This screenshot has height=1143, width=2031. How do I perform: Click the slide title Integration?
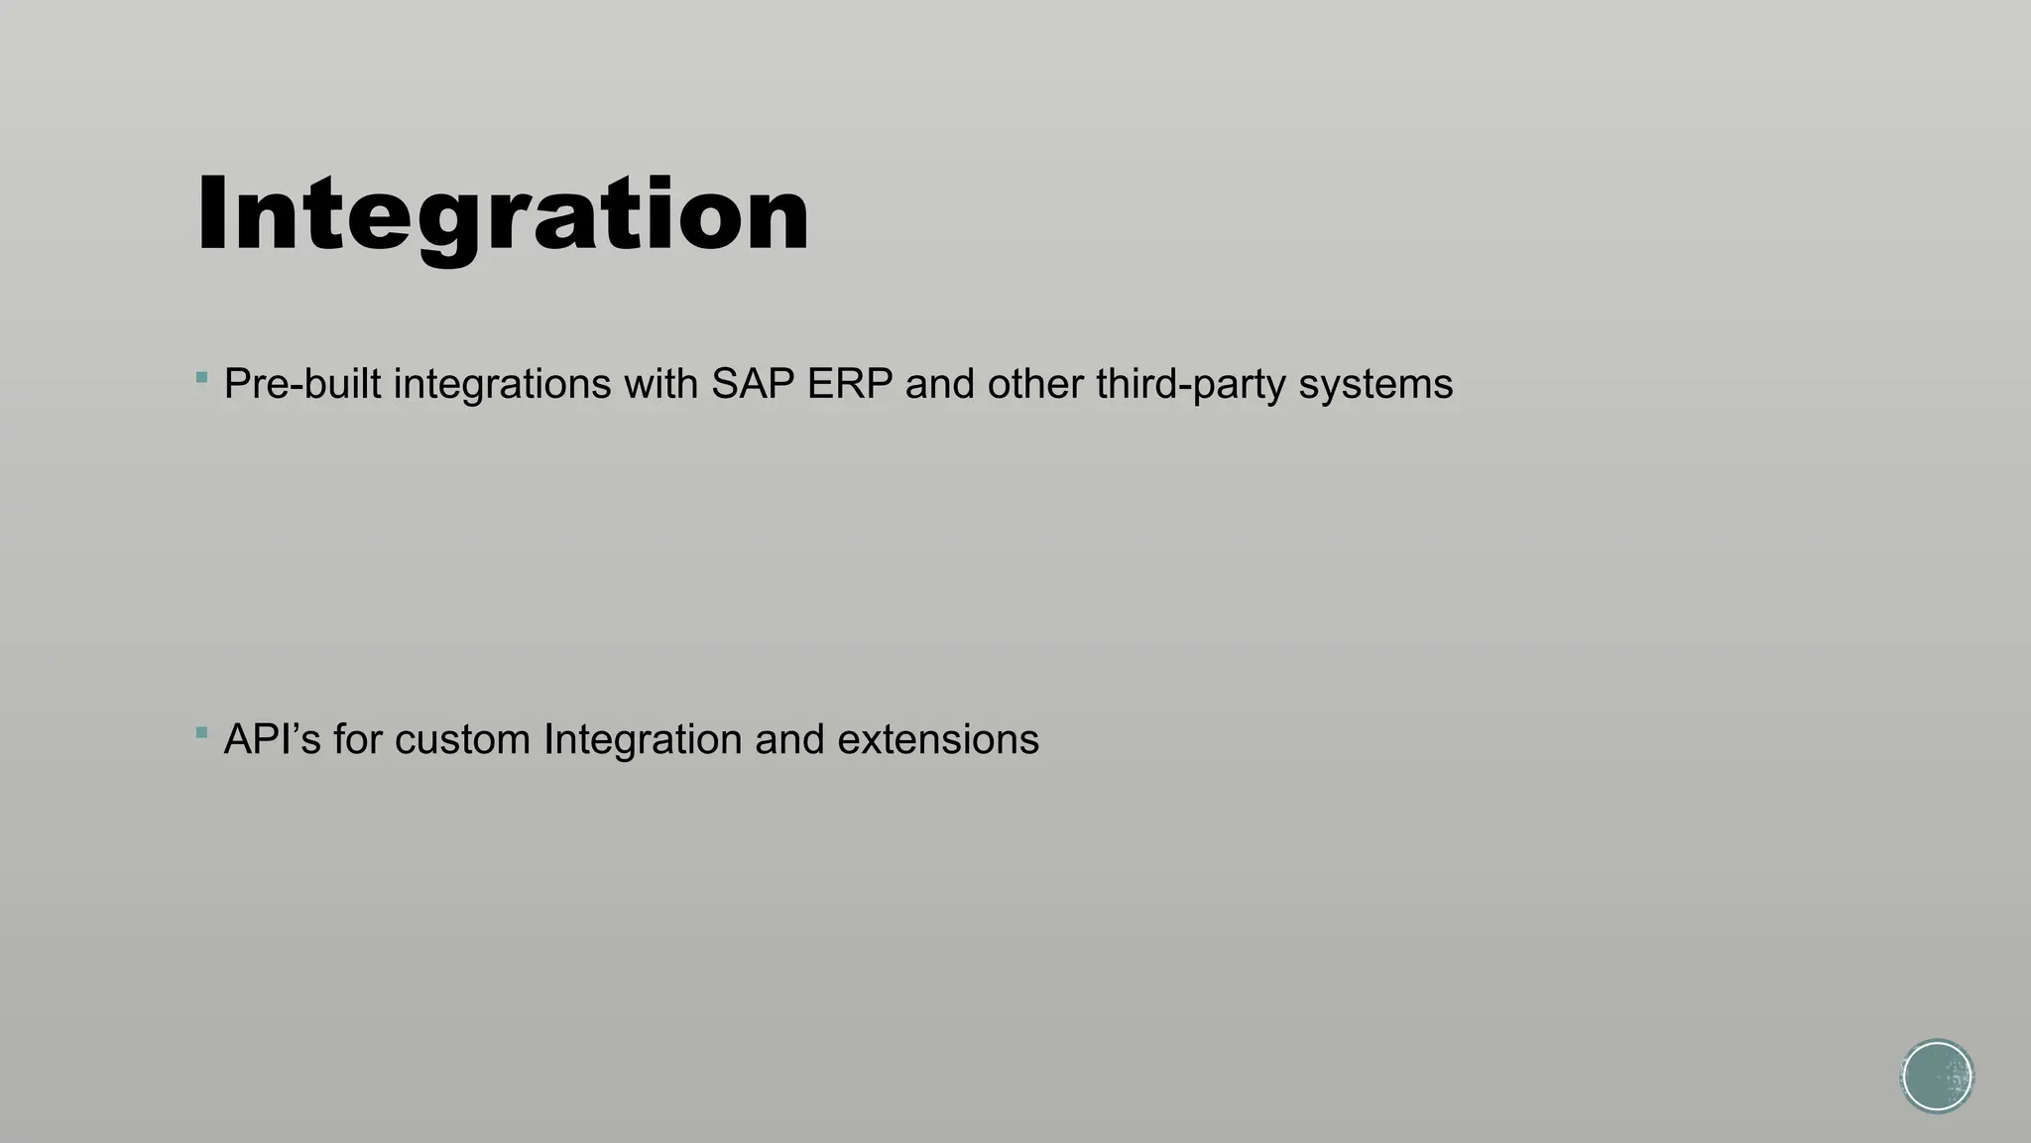[503, 215]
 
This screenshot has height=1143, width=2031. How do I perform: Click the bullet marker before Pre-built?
[202, 377]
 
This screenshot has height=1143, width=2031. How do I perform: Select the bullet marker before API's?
[202, 733]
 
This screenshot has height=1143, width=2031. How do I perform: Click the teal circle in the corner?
[1937, 1076]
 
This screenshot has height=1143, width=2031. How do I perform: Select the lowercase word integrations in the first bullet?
[502, 384]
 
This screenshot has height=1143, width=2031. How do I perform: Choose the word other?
[1035, 384]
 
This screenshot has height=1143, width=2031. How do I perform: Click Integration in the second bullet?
[643, 740]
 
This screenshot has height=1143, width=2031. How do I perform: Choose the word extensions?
[938, 740]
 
